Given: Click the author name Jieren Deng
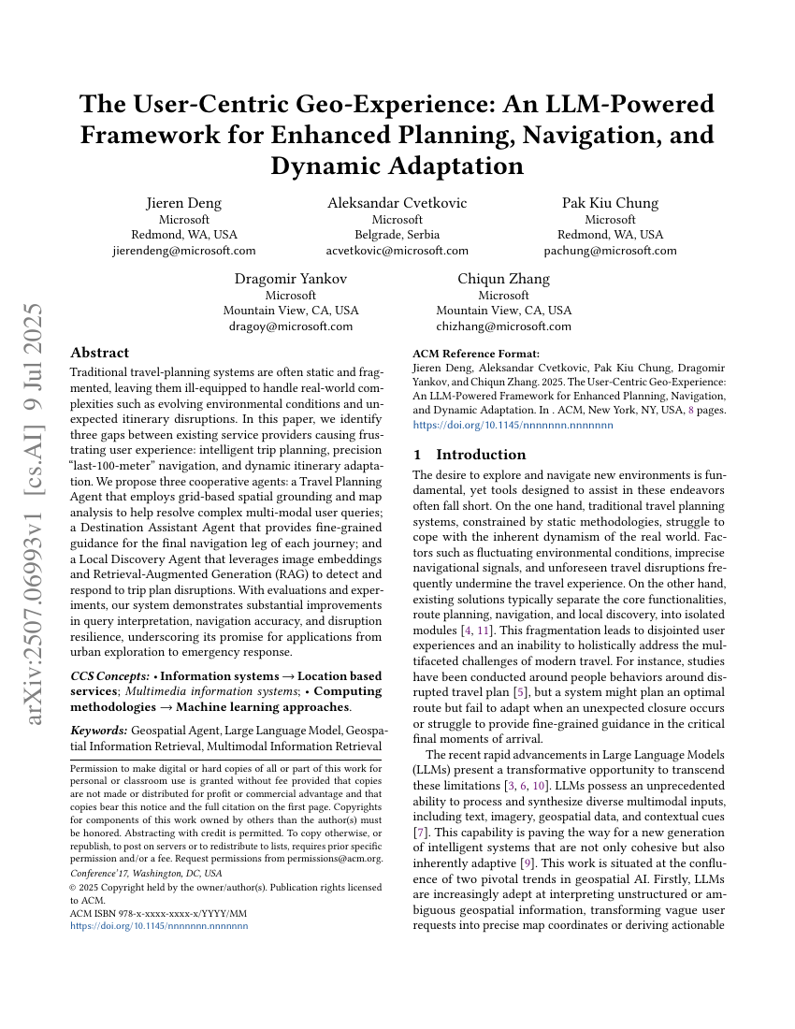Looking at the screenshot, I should tap(183, 203).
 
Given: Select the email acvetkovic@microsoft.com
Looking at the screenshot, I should tap(397, 251).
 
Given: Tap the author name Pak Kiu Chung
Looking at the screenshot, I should tap(610, 203).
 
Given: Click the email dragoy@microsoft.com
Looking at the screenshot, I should tap(290, 326).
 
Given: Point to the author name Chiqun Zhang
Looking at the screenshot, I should tap(503, 279).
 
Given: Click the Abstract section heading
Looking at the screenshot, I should tap(99, 353).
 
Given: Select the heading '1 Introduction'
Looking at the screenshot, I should tap(470, 455).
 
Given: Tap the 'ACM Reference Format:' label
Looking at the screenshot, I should tap(476, 354).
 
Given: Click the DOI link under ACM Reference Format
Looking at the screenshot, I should tap(513, 424).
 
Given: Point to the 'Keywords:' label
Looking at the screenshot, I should tap(98, 729).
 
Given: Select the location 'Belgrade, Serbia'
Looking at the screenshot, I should tap(397, 235).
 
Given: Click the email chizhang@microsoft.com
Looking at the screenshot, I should tap(503, 326).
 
